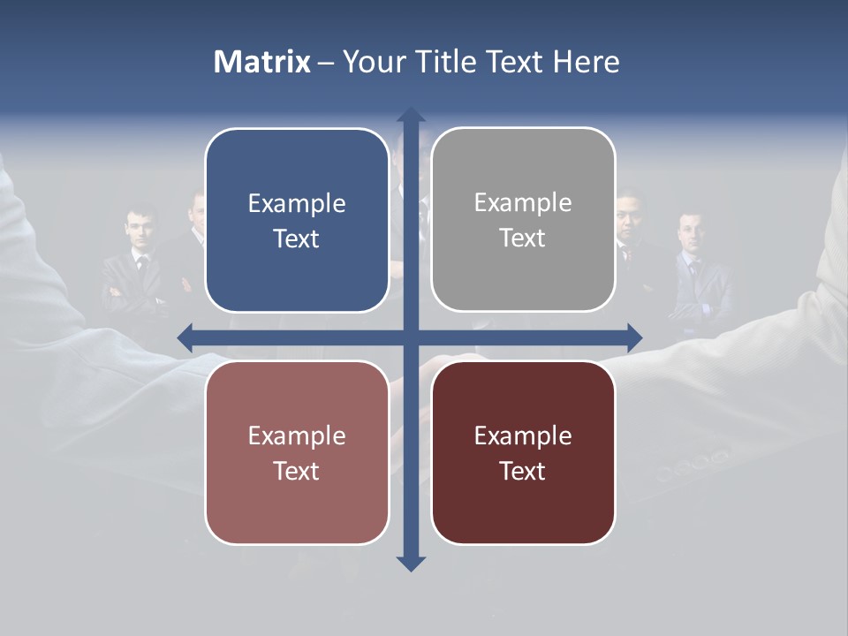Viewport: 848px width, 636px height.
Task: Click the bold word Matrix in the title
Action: coord(262,62)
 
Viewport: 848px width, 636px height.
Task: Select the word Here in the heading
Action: coord(586,62)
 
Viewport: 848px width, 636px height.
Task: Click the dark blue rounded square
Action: coord(297,220)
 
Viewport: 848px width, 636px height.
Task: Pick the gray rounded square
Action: coord(523,220)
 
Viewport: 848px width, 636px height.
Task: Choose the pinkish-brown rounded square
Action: coord(297,452)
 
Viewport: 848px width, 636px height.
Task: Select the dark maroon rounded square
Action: coord(523,452)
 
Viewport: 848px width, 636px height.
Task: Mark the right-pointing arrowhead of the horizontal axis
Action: coord(633,337)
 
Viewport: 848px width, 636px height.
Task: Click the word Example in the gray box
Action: coord(523,203)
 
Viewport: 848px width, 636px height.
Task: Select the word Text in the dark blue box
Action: coord(297,238)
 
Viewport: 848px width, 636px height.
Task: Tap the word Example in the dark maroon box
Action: coord(523,435)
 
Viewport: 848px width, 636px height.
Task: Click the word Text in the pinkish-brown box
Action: coord(297,471)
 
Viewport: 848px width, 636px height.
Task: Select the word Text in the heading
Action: coord(521,62)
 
